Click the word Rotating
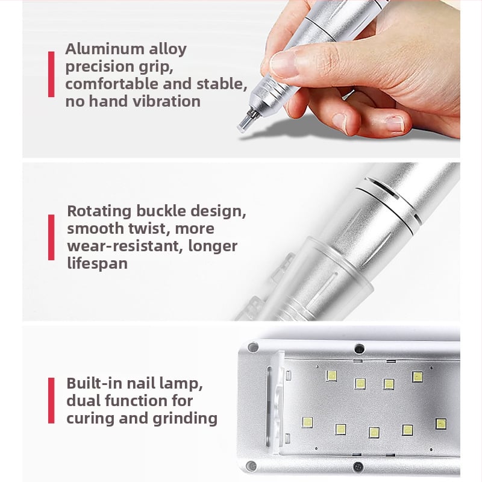click(x=99, y=211)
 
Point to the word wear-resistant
click(x=125, y=246)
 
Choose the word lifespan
click(x=97, y=264)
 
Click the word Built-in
click(x=94, y=383)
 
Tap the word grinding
click(x=185, y=419)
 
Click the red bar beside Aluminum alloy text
click(x=51, y=74)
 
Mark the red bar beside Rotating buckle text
click(x=51, y=237)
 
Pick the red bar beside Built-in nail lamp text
click(x=51, y=401)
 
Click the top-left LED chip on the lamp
click(x=331, y=375)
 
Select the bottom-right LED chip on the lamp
click(x=441, y=424)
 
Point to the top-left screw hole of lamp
click(x=253, y=348)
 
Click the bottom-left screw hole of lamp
click(x=251, y=466)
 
